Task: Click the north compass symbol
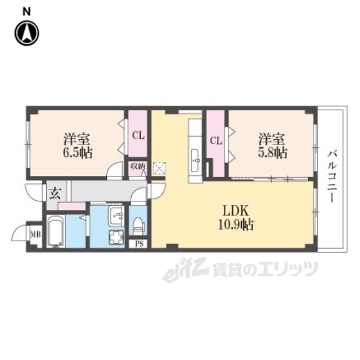coord(27,33)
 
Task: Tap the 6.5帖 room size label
coord(78,152)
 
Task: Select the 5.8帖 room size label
coord(272,152)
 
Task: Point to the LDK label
coord(236,210)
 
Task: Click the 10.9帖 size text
coord(236,224)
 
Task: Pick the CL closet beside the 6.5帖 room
coord(138,135)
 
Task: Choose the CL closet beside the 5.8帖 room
coord(216,141)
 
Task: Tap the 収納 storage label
coord(138,166)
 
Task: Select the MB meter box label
coord(36,235)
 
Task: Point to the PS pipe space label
coord(139,244)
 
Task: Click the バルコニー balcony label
coord(332,176)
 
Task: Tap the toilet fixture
coord(138,226)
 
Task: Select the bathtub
coord(56,231)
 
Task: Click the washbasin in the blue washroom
coord(116,215)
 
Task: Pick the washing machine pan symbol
coord(116,237)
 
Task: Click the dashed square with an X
coord(160,169)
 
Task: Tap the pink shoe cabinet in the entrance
coord(71,206)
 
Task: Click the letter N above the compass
coord(27,12)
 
